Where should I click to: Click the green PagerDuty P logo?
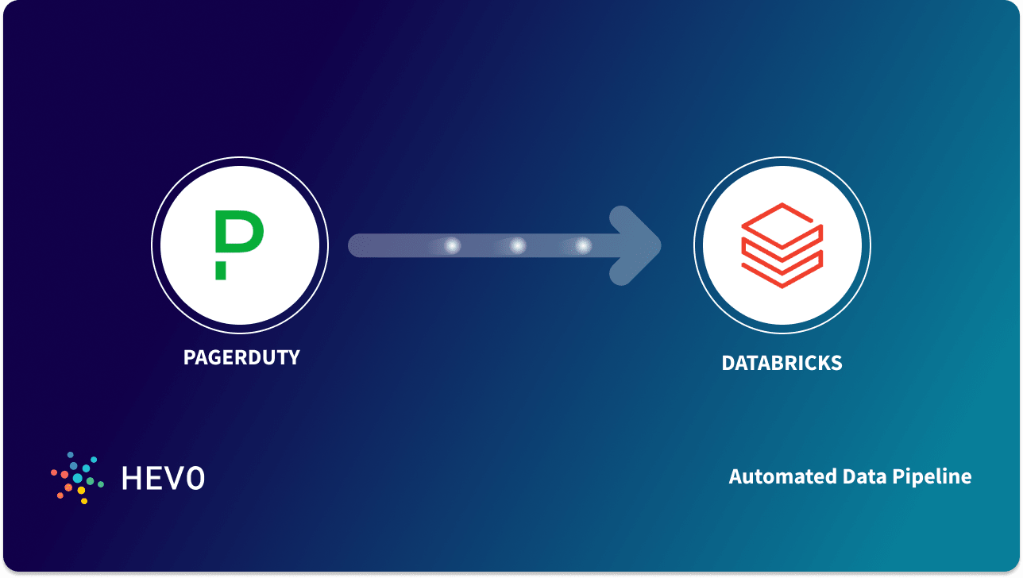[238, 235]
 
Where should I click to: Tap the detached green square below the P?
[220, 272]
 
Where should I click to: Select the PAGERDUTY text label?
[241, 357]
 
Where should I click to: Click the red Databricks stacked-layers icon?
[782, 245]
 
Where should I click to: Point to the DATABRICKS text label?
[782, 364]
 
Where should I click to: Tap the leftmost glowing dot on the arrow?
[452, 246]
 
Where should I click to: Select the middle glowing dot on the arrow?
[518, 246]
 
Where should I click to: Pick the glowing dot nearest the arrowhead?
[584, 246]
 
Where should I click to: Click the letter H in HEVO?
[132, 478]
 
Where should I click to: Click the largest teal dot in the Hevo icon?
[78, 478]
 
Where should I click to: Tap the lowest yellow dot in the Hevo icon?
[84, 501]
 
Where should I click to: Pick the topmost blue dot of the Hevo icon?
[70, 455]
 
